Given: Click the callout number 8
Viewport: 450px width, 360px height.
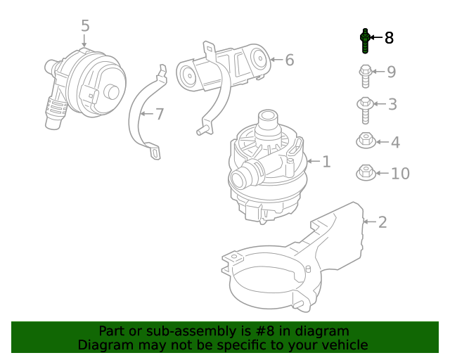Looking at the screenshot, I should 389,37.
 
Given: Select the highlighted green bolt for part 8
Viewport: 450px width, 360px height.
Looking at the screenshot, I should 365,41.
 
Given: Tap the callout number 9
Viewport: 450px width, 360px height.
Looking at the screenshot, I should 391,72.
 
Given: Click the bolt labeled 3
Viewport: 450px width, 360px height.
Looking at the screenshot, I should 365,107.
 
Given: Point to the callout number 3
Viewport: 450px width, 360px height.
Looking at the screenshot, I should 392,105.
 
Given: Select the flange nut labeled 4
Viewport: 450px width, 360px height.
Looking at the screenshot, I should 365,141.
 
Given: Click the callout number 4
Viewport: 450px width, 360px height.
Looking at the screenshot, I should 394,143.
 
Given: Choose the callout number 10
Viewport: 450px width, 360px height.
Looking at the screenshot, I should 399,173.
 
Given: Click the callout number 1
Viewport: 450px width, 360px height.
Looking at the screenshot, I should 326,162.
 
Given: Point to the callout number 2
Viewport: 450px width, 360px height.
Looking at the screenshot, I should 382,222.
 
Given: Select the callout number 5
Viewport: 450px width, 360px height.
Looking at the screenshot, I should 85,26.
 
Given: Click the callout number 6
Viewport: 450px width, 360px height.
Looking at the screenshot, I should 289,60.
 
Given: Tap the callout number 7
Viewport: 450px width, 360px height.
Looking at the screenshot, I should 159,113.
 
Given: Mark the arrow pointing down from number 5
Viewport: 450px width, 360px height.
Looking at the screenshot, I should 85,41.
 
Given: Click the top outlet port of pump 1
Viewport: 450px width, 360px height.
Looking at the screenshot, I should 269,119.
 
